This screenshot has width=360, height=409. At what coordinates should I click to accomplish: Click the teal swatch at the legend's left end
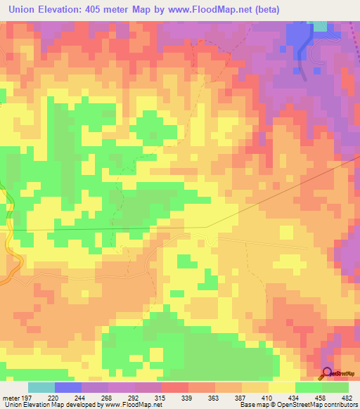[x=41, y=387]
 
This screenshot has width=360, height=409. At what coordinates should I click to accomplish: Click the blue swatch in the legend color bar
[x=68, y=387]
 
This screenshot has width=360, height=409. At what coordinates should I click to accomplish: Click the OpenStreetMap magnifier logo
[x=327, y=373]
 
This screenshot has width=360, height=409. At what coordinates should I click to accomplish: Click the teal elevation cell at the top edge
[x=320, y=26]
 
